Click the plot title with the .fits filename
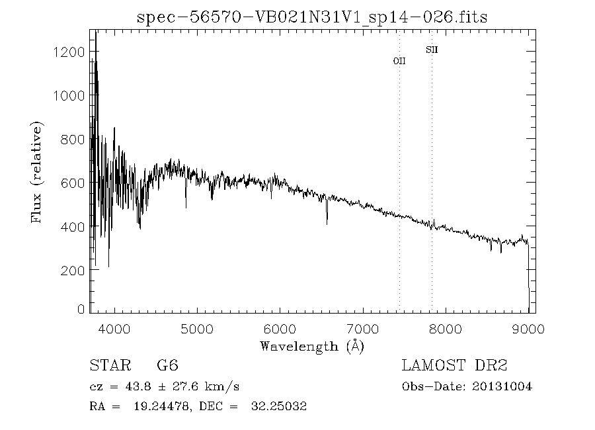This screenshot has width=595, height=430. [312, 17]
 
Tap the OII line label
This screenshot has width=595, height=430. [399, 61]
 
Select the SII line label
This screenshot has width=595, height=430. [432, 50]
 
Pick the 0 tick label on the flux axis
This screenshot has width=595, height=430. [81, 308]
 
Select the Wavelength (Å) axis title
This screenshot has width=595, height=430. [312, 346]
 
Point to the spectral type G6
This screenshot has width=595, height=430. [167, 366]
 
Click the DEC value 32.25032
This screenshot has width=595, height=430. [279, 407]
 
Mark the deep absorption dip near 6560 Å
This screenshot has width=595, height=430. [327, 222]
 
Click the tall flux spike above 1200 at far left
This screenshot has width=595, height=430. [96, 36]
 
